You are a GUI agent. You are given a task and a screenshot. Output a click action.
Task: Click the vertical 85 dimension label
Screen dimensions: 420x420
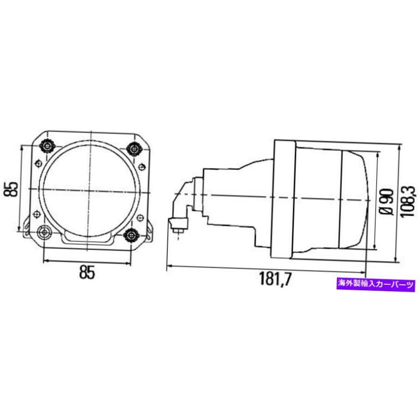pyautogui.click(x=13, y=188)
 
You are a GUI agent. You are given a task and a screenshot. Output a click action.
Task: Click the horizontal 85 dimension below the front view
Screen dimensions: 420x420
pyautogui.click(x=87, y=272)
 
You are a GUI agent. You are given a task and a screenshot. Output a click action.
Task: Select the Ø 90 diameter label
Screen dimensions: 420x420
pyautogui.click(x=384, y=201)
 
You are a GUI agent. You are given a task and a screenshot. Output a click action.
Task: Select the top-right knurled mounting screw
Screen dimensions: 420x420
pyautogui.click(x=134, y=148)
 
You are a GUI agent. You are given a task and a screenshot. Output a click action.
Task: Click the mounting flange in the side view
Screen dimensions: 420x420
pyautogui.click(x=283, y=199)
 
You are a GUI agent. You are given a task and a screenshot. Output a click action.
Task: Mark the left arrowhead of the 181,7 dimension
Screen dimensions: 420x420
pyautogui.click(x=169, y=267)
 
